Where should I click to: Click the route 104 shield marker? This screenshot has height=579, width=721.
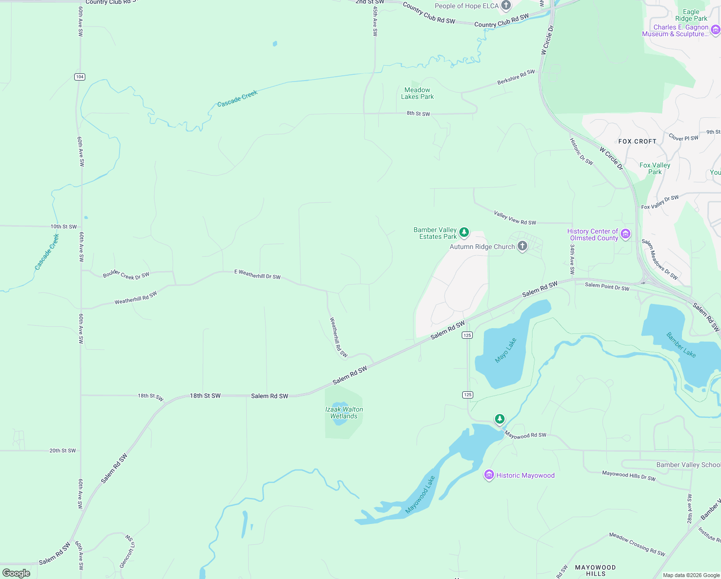[x=80, y=77]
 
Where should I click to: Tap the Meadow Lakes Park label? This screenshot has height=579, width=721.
[x=417, y=93]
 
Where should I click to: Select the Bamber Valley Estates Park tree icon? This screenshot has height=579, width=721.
[x=464, y=233]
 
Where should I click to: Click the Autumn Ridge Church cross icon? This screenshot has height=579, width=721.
[x=522, y=247]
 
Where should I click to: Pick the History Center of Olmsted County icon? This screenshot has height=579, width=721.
[x=626, y=234]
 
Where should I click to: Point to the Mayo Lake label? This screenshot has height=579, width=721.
[x=506, y=350]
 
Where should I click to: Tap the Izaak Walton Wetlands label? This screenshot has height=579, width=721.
[x=344, y=413]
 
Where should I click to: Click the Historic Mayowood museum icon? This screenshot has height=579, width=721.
[x=489, y=475]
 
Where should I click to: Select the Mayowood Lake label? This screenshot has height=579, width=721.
[x=420, y=495]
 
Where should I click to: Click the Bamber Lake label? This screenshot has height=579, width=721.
[x=681, y=345]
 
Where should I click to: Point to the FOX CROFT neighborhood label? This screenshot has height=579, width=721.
[x=637, y=141]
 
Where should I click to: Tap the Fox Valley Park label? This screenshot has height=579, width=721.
[x=654, y=168]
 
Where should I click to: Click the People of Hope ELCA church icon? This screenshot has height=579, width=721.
[x=506, y=6]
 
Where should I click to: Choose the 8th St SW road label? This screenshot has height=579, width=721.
[x=418, y=113]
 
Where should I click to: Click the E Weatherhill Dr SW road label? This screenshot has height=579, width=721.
[x=257, y=274]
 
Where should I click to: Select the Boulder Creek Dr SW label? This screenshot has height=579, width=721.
[x=126, y=275]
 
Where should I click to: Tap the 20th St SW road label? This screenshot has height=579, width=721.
[x=63, y=451]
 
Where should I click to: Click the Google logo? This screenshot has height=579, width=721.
[x=16, y=573]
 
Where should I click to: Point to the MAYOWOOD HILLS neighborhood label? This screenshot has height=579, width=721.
[x=595, y=570]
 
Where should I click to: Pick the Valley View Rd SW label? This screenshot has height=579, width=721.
[x=515, y=218]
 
